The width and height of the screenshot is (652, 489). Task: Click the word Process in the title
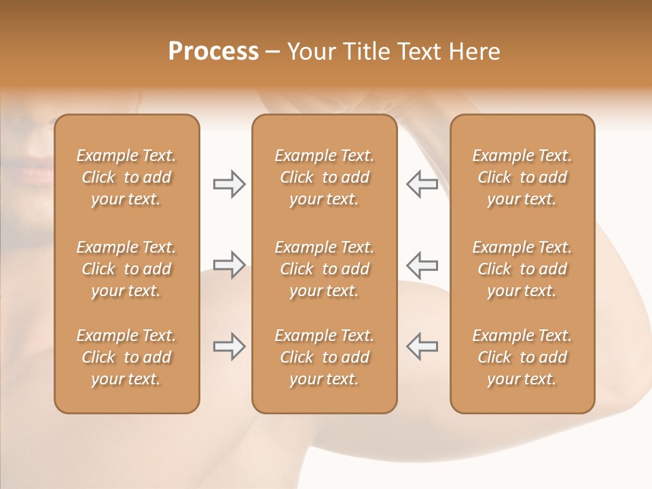click(213, 52)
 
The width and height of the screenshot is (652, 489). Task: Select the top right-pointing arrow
click(229, 184)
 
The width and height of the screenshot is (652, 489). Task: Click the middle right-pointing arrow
click(229, 265)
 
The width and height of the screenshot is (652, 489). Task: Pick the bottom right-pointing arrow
click(229, 346)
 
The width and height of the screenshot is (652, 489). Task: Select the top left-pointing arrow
click(422, 184)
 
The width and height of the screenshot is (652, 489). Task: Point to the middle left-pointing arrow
click(422, 265)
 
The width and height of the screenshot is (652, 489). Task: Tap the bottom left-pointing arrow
click(422, 346)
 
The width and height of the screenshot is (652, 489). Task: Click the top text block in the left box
click(126, 177)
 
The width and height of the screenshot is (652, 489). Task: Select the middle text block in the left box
click(126, 269)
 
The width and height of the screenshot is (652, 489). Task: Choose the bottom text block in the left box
click(126, 357)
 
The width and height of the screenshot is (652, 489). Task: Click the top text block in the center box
click(324, 177)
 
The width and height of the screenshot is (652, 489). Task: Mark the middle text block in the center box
click(324, 269)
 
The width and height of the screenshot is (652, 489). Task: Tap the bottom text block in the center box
click(324, 357)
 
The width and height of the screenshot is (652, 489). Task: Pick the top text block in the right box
click(522, 177)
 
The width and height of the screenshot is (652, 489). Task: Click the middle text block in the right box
click(522, 269)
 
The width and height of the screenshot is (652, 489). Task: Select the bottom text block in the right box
click(522, 357)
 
